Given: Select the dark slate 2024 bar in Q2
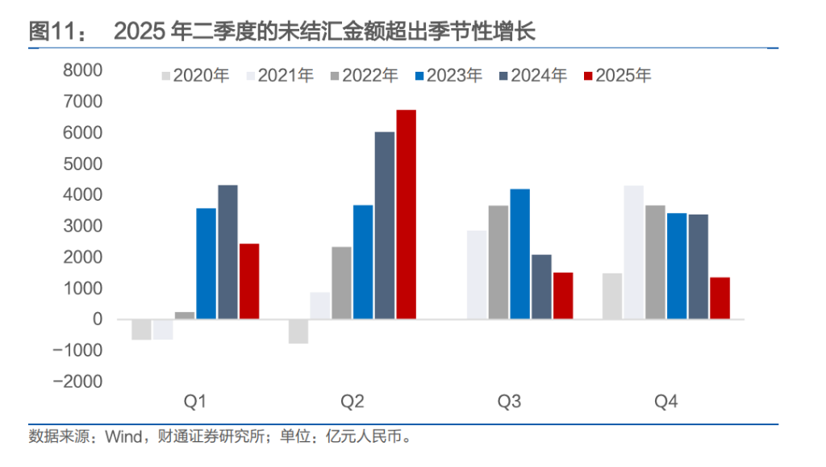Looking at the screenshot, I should coord(385,226).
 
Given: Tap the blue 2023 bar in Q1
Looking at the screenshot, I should coord(206,264).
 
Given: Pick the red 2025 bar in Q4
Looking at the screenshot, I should coord(720,298).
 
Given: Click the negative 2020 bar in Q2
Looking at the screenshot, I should coord(298,331).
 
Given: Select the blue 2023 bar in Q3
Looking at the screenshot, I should coord(520,254).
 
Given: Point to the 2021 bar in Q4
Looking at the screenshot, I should coord(634,252).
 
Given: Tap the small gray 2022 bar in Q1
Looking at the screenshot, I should coord(185,315).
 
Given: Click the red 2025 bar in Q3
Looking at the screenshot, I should coord(563,296).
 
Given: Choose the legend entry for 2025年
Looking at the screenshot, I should coord(618,76).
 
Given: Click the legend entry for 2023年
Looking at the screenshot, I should coord(448,76).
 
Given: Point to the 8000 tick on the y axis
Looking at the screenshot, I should coord(82,70).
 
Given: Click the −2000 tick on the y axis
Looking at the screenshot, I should coord(77,382).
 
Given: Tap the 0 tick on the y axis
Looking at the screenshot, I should coord(98,319).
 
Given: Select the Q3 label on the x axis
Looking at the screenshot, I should coord(509,402).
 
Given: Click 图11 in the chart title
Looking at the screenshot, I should coord(56,32).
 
